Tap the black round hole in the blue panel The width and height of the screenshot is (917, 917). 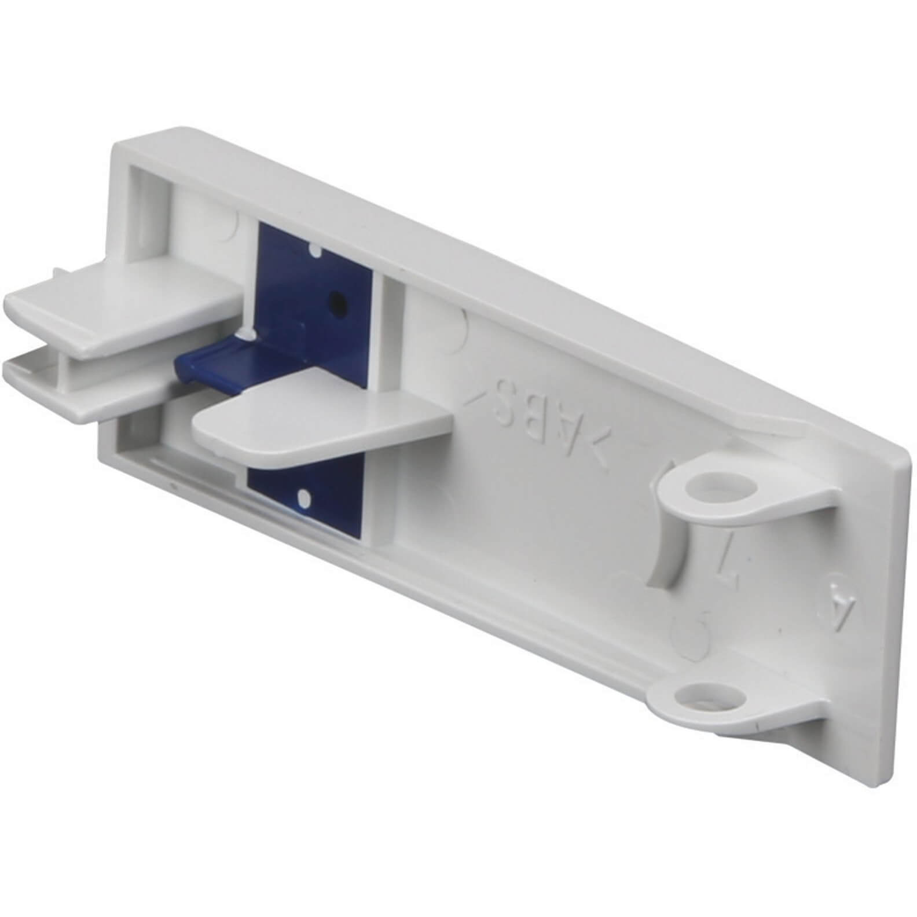(x=334, y=299)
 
